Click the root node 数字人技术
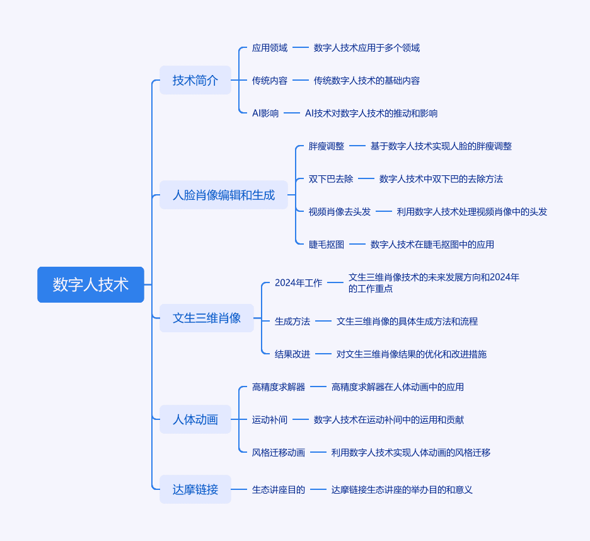click(91, 284)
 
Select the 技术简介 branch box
click(195, 80)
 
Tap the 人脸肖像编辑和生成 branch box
click(224, 195)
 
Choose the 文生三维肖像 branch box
click(207, 318)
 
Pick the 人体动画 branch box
click(195, 419)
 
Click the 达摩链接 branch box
click(195, 489)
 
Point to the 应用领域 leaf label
click(270, 48)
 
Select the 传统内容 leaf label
click(270, 81)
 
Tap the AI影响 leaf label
click(265, 113)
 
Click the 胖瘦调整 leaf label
click(327, 146)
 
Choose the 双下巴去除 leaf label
click(331, 179)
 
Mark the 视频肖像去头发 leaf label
click(339, 212)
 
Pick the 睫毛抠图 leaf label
click(327, 245)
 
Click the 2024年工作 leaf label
click(298, 282)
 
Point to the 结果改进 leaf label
click(292, 354)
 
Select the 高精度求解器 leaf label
click(279, 387)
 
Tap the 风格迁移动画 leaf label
click(279, 453)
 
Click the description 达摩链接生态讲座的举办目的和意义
click(402, 490)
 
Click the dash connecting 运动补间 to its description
click(301, 419)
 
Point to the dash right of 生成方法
click(323, 321)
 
